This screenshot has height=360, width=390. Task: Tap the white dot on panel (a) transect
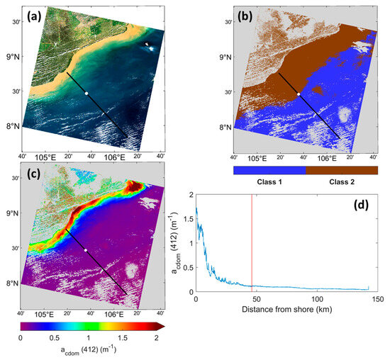tap(87, 94)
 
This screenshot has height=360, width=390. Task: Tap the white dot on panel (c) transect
tap(87, 250)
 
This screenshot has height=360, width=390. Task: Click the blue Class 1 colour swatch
tap(269, 170)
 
